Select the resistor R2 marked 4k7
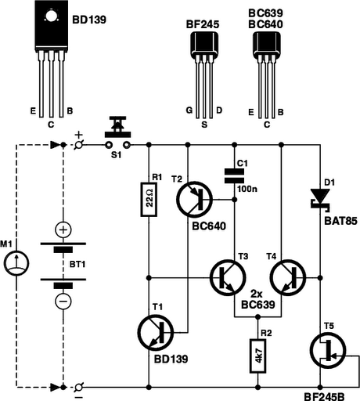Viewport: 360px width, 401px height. click(257, 354)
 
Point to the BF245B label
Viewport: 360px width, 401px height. click(326, 393)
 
